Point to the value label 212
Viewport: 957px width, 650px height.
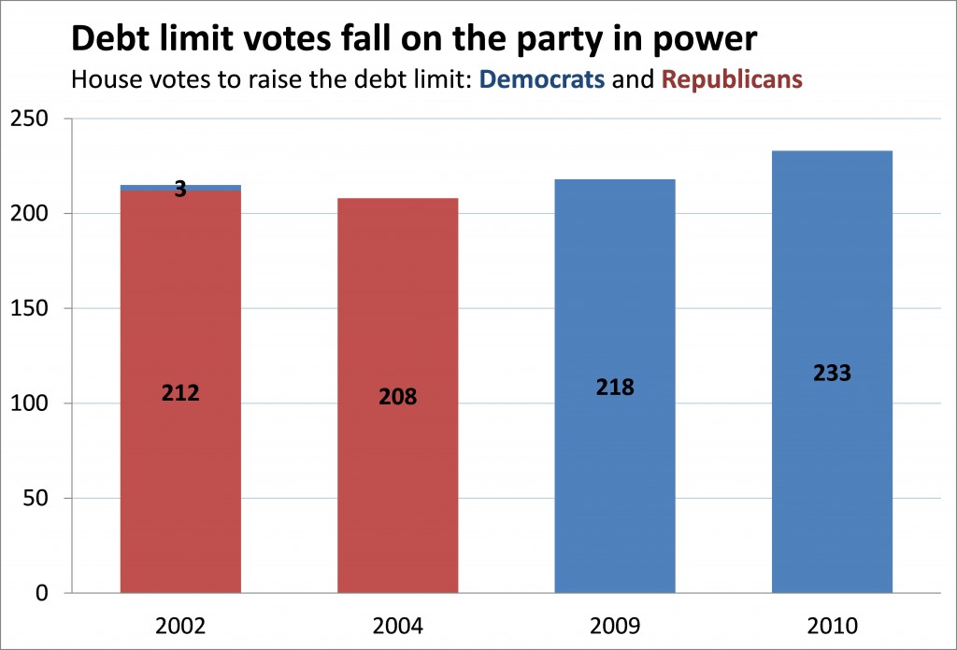[180, 393]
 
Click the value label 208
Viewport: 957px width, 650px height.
[397, 397]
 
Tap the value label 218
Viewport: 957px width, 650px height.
[615, 387]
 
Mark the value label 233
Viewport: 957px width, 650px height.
[832, 373]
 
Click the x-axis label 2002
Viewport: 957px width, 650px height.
[180, 624]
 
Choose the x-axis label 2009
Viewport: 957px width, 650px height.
[615, 624]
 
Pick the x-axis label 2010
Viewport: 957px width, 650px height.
[832, 624]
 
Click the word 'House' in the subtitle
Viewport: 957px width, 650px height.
[102, 79]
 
